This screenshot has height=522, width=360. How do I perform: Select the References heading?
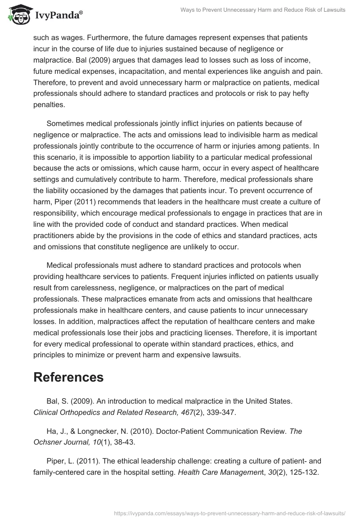68,378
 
